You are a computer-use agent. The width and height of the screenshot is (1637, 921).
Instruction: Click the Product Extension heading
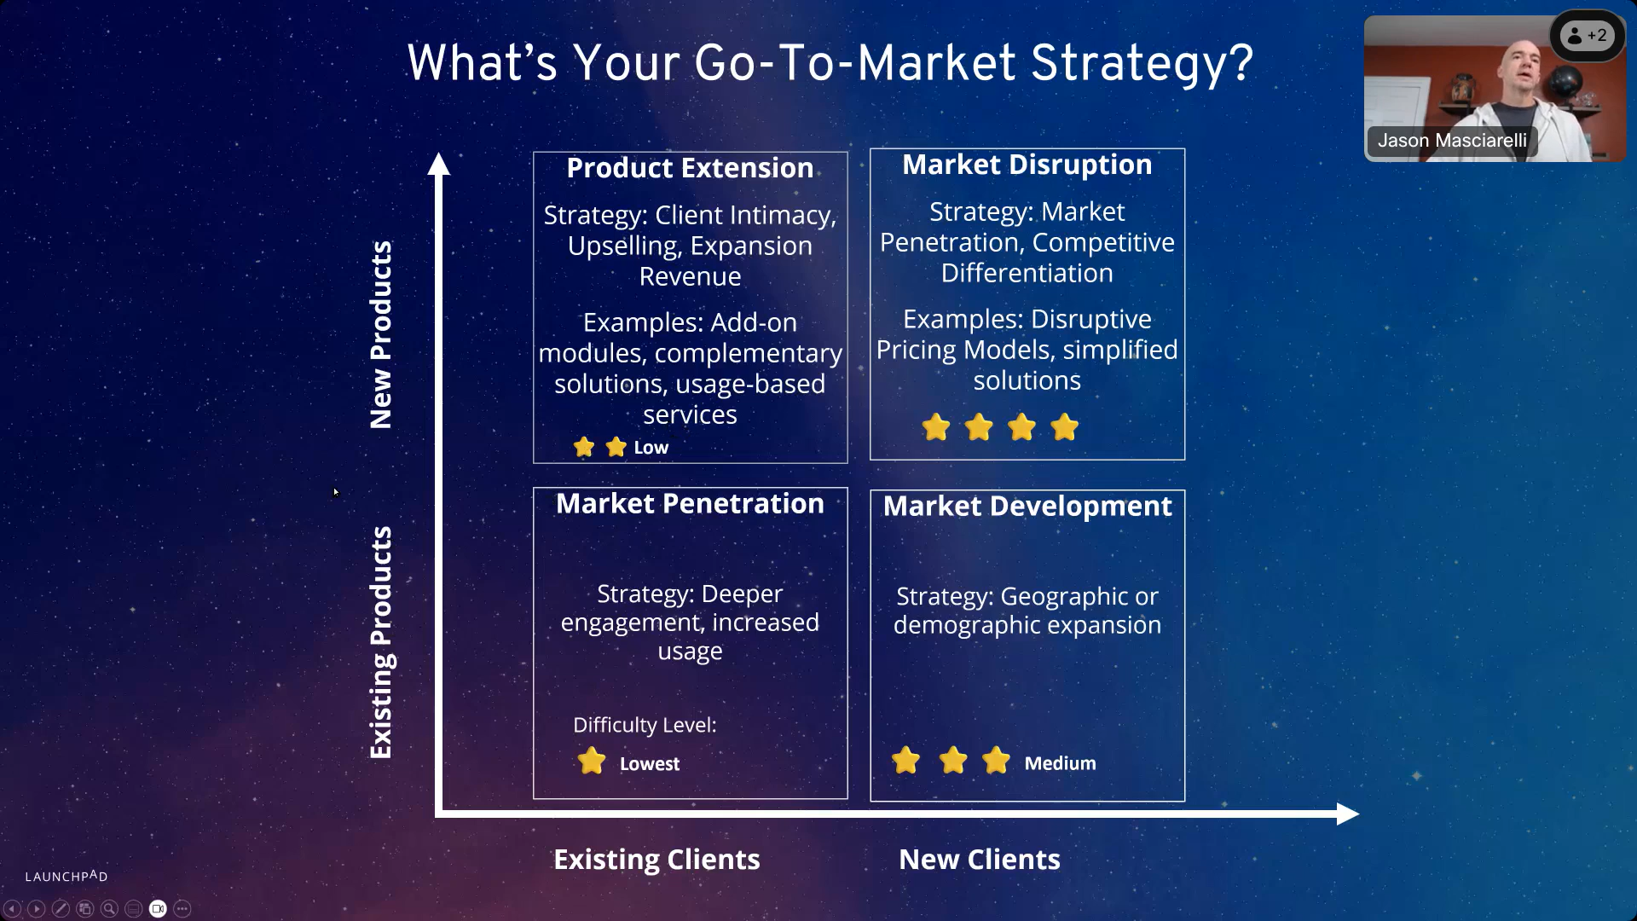[690, 168]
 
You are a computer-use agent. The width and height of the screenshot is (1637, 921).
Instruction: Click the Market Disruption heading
[1027, 165]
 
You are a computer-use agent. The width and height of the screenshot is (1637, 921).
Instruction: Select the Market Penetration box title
[690, 504]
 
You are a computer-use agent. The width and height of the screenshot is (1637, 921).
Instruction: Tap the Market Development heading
[1027, 507]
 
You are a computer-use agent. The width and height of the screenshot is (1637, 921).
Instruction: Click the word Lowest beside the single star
[649, 764]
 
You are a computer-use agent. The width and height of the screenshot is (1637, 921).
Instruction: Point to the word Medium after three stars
[1060, 763]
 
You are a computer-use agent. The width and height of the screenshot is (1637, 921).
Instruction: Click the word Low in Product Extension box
[651, 448]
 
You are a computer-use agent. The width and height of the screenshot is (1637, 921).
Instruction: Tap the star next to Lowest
[591, 761]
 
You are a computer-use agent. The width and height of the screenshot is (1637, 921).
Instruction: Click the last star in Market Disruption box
[1064, 427]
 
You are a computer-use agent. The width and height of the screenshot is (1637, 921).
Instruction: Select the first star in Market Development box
[905, 760]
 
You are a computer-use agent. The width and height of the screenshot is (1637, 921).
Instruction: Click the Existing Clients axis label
[657, 860]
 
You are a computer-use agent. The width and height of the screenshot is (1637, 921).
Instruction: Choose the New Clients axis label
[980, 860]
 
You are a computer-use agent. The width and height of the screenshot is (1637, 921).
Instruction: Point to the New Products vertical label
[380, 334]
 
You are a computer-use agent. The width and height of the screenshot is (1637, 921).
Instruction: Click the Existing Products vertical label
[380, 642]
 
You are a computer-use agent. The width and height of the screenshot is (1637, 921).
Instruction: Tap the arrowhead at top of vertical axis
[438, 163]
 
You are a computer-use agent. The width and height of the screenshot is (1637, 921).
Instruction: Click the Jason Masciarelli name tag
[1451, 141]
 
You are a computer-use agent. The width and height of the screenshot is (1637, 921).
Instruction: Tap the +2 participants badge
[1587, 36]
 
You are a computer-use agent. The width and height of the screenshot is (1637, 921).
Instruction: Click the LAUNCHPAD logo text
[67, 876]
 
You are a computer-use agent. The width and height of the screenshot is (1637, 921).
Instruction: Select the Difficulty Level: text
[645, 725]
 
